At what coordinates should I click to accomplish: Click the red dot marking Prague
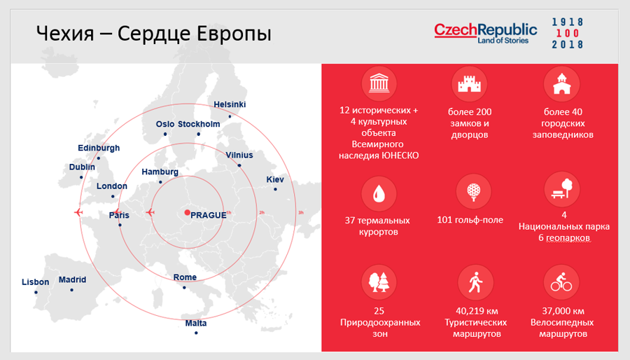click(x=187, y=212)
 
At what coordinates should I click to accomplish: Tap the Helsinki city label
click(x=230, y=104)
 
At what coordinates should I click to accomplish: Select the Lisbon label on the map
click(x=36, y=282)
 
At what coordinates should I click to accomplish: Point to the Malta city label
click(x=196, y=323)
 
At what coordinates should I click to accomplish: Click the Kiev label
click(x=275, y=179)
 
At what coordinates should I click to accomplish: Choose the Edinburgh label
click(x=99, y=148)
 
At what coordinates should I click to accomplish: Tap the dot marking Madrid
click(x=72, y=290)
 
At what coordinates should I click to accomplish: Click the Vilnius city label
click(x=239, y=155)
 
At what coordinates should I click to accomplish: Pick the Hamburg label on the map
click(x=160, y=172)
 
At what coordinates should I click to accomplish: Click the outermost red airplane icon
click(x=78, y=212)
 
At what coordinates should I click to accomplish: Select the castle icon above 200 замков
click(x=469, y=84)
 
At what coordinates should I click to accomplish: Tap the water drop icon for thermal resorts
click(x=379, y=195)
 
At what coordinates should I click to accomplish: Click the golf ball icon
click(x=474, y=192)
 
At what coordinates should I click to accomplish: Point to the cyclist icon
click(x=561, y=282)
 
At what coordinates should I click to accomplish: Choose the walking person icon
click(x=476, y=282)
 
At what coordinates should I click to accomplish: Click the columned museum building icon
click(x=379, y=83)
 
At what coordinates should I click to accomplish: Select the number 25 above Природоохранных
click(x=379, y=311)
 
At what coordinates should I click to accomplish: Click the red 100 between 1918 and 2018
click(x=567, y=34)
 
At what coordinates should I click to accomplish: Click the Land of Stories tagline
click(x=503, y=41)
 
